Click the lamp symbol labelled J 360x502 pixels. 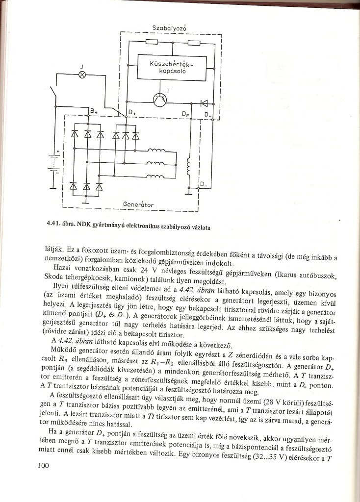click(x=82, y=75)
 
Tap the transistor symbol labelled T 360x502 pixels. click(x=160, y=100)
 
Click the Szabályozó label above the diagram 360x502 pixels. click(x=170, y=27)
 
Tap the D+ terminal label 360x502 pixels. click(x=131, y=112)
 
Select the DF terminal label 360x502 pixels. click(x=185, y=114)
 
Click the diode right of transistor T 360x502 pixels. click(x=204, y=103)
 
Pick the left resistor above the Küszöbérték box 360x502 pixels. click(x=151, y=43)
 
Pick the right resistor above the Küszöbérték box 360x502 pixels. click(x=193, y=43)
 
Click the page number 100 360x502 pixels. click(x=44, y=466)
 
